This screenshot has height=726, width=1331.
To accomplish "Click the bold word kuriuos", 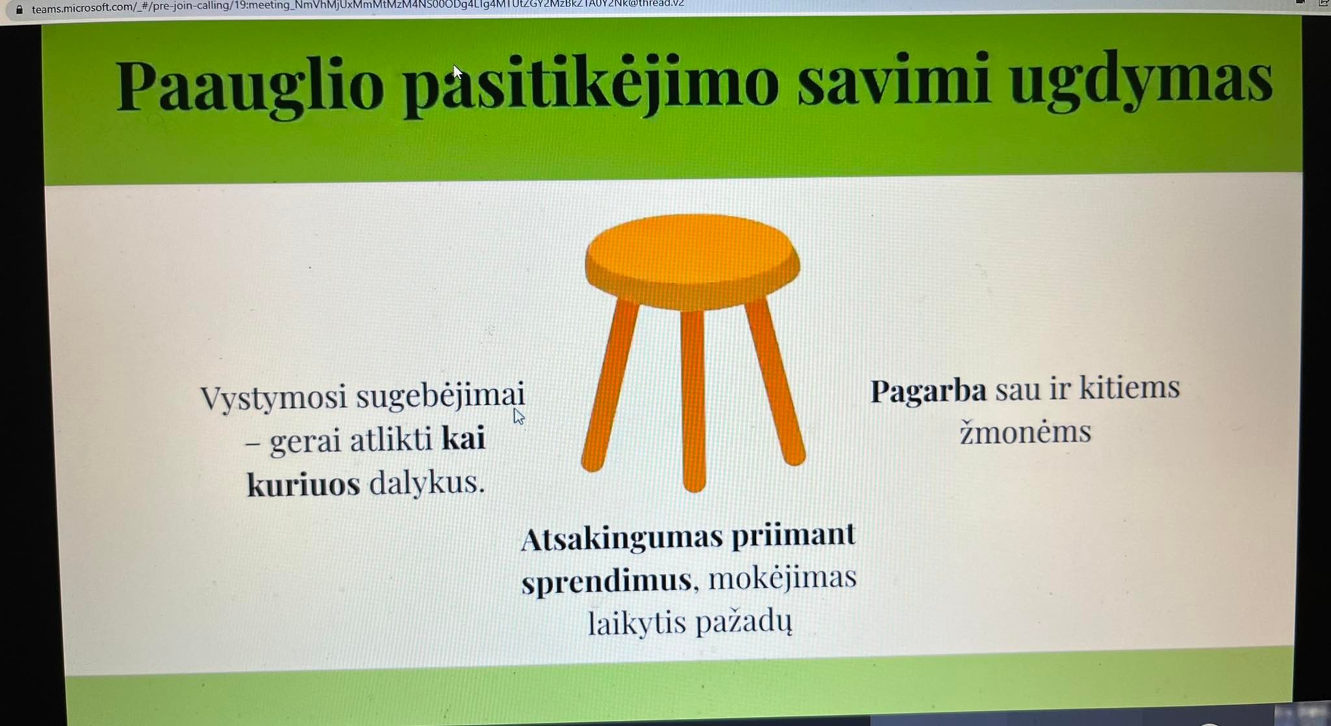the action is point(303,484).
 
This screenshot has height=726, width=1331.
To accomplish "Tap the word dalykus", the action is point(427,482).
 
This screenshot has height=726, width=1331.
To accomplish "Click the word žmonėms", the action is point(1026,432).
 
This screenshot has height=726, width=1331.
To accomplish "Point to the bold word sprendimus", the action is point(606,581).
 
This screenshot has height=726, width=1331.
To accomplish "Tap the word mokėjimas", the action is point(782,578).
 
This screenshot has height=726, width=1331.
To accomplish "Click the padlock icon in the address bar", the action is point(19,10).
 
